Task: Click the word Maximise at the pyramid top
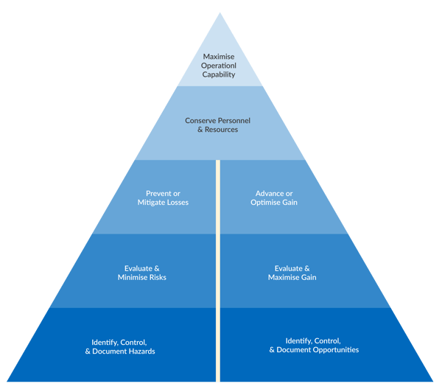coord(221,56)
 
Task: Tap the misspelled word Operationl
coord(221,65)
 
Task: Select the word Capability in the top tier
coord(221,74)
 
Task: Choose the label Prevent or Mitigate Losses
coord(163,197)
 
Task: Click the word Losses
coord(177,202)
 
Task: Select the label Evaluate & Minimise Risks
coord(142,273)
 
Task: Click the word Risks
coord(156,278)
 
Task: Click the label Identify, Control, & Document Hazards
coord(119,346)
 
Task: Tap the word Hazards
coord(139,351)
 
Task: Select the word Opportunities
coord(334,350)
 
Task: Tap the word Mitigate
coord(154,202)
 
